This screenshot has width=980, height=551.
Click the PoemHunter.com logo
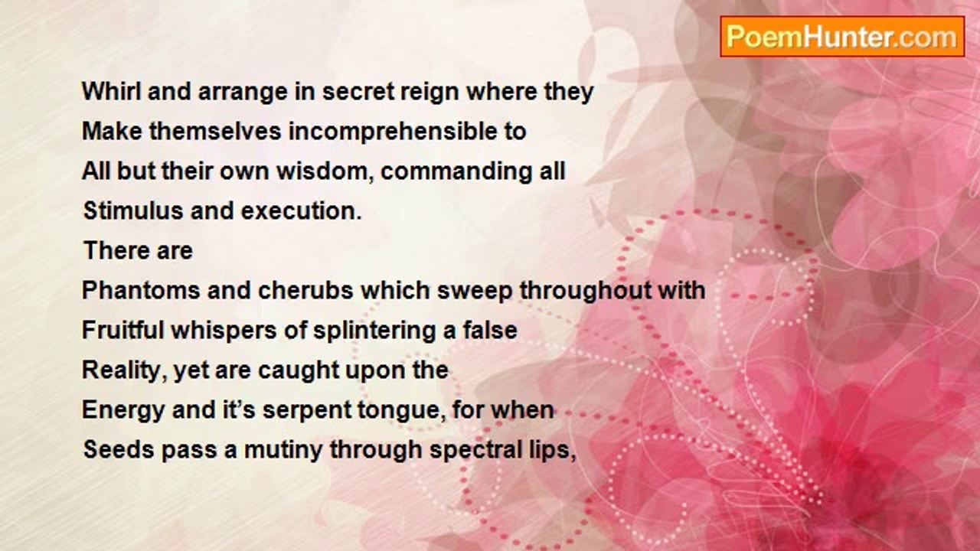842,37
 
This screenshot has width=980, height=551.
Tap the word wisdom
325,171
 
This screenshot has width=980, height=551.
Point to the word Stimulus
133,210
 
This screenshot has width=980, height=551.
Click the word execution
301,210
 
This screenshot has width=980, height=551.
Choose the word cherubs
305,290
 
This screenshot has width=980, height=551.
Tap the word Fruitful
122,330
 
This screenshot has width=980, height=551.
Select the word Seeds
119,449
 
